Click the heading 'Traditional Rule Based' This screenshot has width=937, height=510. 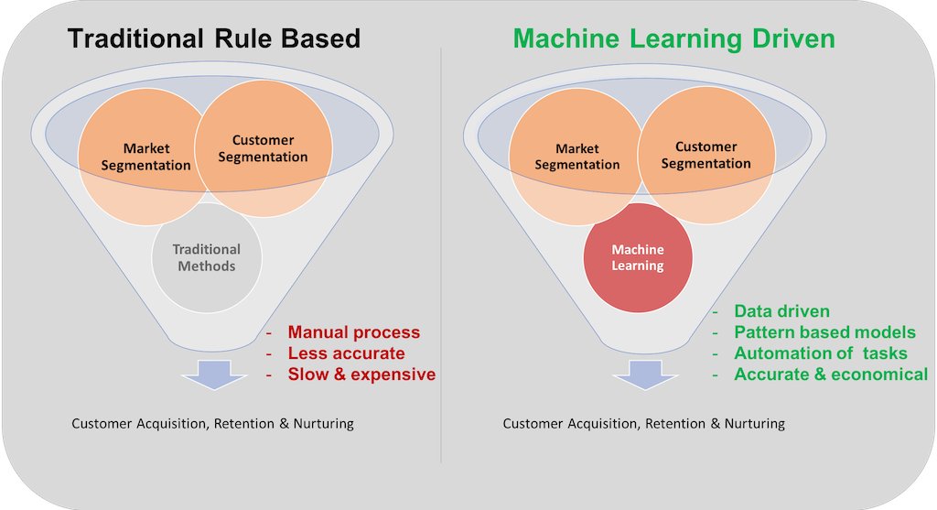214,38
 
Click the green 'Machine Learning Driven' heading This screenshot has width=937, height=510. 674,38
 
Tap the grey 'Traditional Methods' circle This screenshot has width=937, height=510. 207,257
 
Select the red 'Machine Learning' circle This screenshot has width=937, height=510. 638,257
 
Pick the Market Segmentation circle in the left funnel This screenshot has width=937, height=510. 145,157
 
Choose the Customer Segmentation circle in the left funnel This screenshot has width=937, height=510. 263,148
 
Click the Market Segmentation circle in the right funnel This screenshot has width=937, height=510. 576,157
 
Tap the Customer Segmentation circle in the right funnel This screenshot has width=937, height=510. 706,155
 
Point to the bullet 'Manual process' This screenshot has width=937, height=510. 354,331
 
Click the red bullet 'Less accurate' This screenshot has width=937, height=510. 346,353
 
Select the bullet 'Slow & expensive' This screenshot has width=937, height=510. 361,374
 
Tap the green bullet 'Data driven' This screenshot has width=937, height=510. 781,311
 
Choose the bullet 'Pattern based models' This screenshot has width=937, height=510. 824,331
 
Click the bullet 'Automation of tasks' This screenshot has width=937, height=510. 821,353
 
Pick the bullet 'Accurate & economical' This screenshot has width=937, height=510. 831,374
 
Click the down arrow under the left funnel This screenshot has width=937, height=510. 214,374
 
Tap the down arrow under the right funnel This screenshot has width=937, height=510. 645,374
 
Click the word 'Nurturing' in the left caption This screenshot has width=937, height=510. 323,423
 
